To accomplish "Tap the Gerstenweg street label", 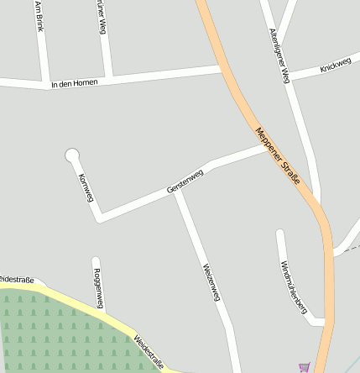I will click(x=185, y=182).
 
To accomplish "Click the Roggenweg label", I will click(x=98, y=288).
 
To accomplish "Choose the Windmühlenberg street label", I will click(x=293, y=286).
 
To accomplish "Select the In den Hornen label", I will click(x=74, y=83).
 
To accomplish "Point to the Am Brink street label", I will click(x=39, y=16).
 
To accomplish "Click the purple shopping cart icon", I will click(x=304, y=367).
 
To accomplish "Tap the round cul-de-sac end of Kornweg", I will click(x=72, y=155).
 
